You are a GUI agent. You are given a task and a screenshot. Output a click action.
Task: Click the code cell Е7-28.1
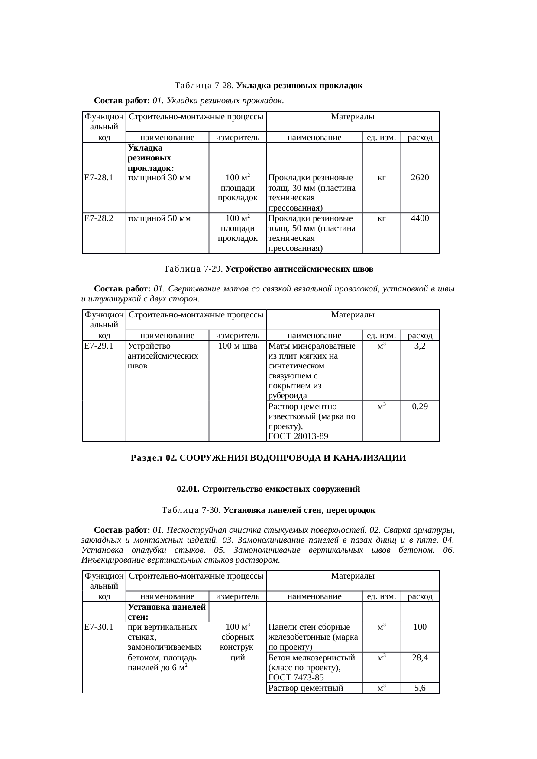coord(99,177)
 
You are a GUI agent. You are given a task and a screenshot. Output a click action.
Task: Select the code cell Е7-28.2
coord(99,218)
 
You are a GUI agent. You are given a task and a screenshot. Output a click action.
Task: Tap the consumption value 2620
coord(420,177)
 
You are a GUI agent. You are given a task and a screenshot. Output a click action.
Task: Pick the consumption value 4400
coord(420,218)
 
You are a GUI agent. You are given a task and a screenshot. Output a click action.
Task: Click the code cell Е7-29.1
coord(99,346)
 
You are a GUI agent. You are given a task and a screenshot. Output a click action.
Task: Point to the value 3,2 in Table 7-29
coord(420,346)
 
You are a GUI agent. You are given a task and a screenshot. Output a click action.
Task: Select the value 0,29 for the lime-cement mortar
coord(420,407)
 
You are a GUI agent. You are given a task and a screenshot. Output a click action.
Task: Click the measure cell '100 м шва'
coord(237,346)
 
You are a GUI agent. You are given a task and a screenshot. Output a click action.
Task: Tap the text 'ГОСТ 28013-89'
coord(298,436)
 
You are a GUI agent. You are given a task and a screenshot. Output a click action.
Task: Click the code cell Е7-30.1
coord(99,627)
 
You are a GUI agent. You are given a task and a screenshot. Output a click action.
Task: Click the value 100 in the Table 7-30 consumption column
coord(420,627)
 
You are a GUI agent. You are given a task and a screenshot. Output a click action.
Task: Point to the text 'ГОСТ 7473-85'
coord(296,678)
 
